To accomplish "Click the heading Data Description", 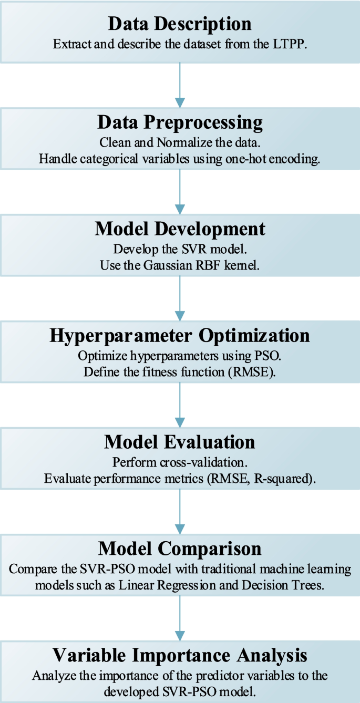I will click(180, 24).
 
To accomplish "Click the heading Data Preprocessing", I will click(180, 122).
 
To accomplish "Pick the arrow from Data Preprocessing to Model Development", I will click(180, 192).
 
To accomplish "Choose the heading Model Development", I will click(180, 229).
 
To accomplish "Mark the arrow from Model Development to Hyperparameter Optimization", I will click(180, 298).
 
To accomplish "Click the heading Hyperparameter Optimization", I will click(180, 336).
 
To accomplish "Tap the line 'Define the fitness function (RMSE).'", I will click(180, 372).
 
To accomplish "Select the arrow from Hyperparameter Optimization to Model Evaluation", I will click(180, 405).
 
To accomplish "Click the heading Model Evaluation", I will click(180, 442).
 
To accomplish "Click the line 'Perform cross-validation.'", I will click(180, 463).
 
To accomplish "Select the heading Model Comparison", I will click(180, 549).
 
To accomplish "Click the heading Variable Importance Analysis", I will click(180, 655).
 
